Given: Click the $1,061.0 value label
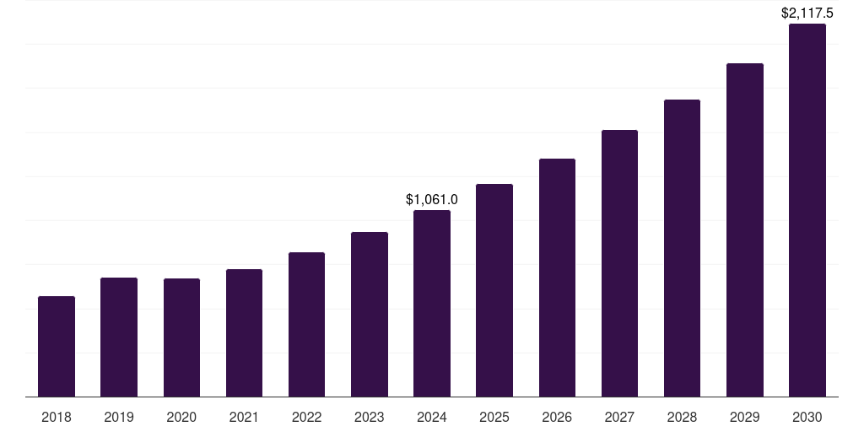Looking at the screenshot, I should [x=432, y=200].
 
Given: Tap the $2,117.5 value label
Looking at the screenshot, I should [x=807, y=13].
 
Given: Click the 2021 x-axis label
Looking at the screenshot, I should [x=244, y=417].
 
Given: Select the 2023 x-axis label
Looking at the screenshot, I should [x=370, y=417].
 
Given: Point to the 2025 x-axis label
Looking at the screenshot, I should [x=494, y=417].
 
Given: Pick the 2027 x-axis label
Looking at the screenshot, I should [x=619, y=417].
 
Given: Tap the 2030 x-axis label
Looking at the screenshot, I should [x=807, y=417].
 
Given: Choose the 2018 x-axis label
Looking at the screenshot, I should [x=57, y=417].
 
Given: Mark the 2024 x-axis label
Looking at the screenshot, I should [x=432, y=417].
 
